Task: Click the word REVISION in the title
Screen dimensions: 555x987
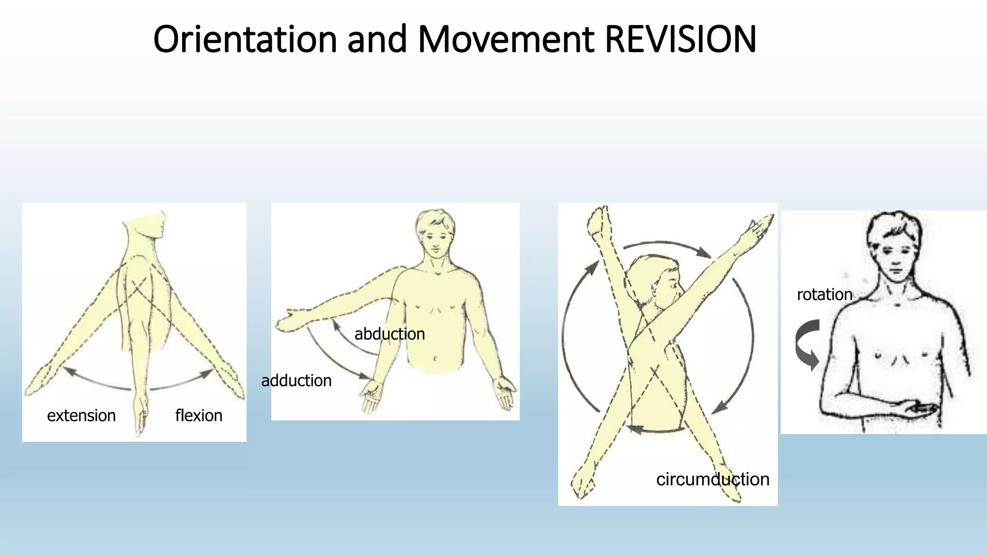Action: [x=680, y=40]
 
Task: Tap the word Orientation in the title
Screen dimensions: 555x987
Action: [x=245, y=40]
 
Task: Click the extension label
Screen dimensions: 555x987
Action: [x=81, y=415]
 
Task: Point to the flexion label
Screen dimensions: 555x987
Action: [x=199, y=415]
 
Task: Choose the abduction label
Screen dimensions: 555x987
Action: [x=389, y=334]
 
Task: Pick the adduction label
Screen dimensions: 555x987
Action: [x=296, y=381]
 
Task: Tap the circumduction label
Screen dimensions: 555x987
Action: [x=712, y=479]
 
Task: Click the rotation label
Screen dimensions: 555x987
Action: [x=824, y=294]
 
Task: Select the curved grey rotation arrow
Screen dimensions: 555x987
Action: [x=807, y=343]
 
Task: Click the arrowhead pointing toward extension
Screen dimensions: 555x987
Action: [x=68, y=370]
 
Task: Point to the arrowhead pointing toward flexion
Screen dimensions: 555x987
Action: [x=208, y=372]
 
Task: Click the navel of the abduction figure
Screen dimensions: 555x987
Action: [x=435, y=359]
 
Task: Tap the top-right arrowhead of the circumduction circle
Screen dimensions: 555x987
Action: [x=705, y=252]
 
